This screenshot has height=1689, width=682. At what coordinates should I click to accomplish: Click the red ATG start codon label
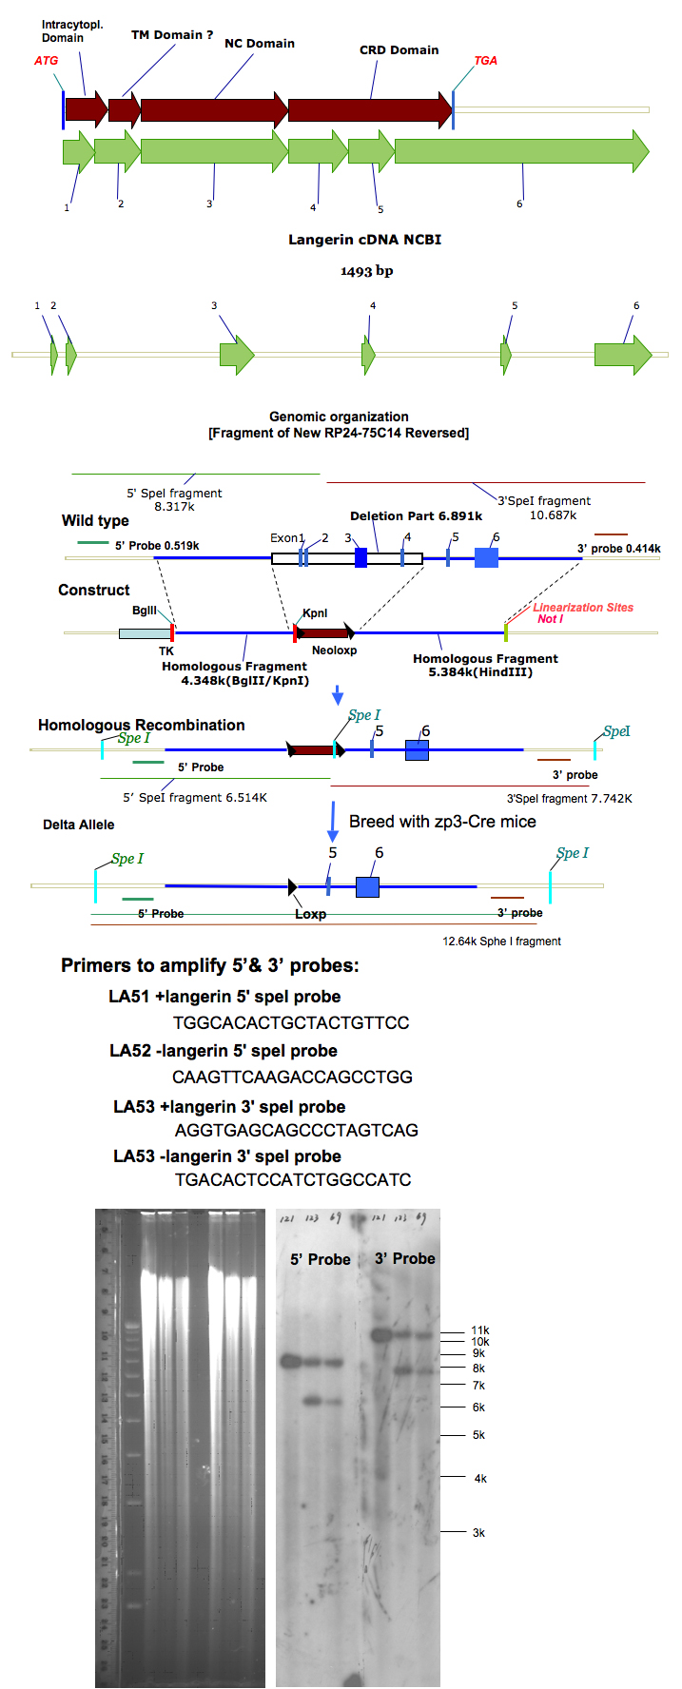[x=46, y=61]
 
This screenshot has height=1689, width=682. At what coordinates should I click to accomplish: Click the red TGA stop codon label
[x=485, y=61]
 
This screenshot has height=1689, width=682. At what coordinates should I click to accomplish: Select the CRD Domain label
[x=399, y=50]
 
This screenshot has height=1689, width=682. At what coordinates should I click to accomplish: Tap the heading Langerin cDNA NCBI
[x=364, y=240]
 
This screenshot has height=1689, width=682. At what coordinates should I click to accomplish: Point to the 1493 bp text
[x=366, y=271]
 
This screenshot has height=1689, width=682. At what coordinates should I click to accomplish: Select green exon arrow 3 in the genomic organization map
[x=237, y=356]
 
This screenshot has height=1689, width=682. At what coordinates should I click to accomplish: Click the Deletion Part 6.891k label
[x=416, y=516]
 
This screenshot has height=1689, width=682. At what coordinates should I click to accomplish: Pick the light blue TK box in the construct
[x=144, y=633]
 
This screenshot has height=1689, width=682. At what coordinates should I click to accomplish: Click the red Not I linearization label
[x=550, y=619]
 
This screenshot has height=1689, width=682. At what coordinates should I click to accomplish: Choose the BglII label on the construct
[x=145, y=611]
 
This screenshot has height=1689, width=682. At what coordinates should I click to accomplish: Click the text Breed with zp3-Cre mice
[x=442, y=822]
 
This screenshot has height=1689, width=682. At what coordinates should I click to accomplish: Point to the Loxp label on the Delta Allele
[x=310, y=914]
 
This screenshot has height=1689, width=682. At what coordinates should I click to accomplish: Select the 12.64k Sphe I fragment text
[x=501, y=942]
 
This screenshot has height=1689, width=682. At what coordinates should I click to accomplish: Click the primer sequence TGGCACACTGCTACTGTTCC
[x=291, y=1023]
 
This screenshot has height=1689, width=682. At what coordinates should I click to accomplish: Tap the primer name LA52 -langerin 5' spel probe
[x=224, y=1051]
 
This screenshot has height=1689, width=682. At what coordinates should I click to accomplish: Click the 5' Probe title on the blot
[x=321, y=1259]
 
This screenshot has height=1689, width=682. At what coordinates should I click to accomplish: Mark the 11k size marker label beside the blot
[x=480, y=1330]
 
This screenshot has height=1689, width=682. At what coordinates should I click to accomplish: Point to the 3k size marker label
[x=478, y=1533]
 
